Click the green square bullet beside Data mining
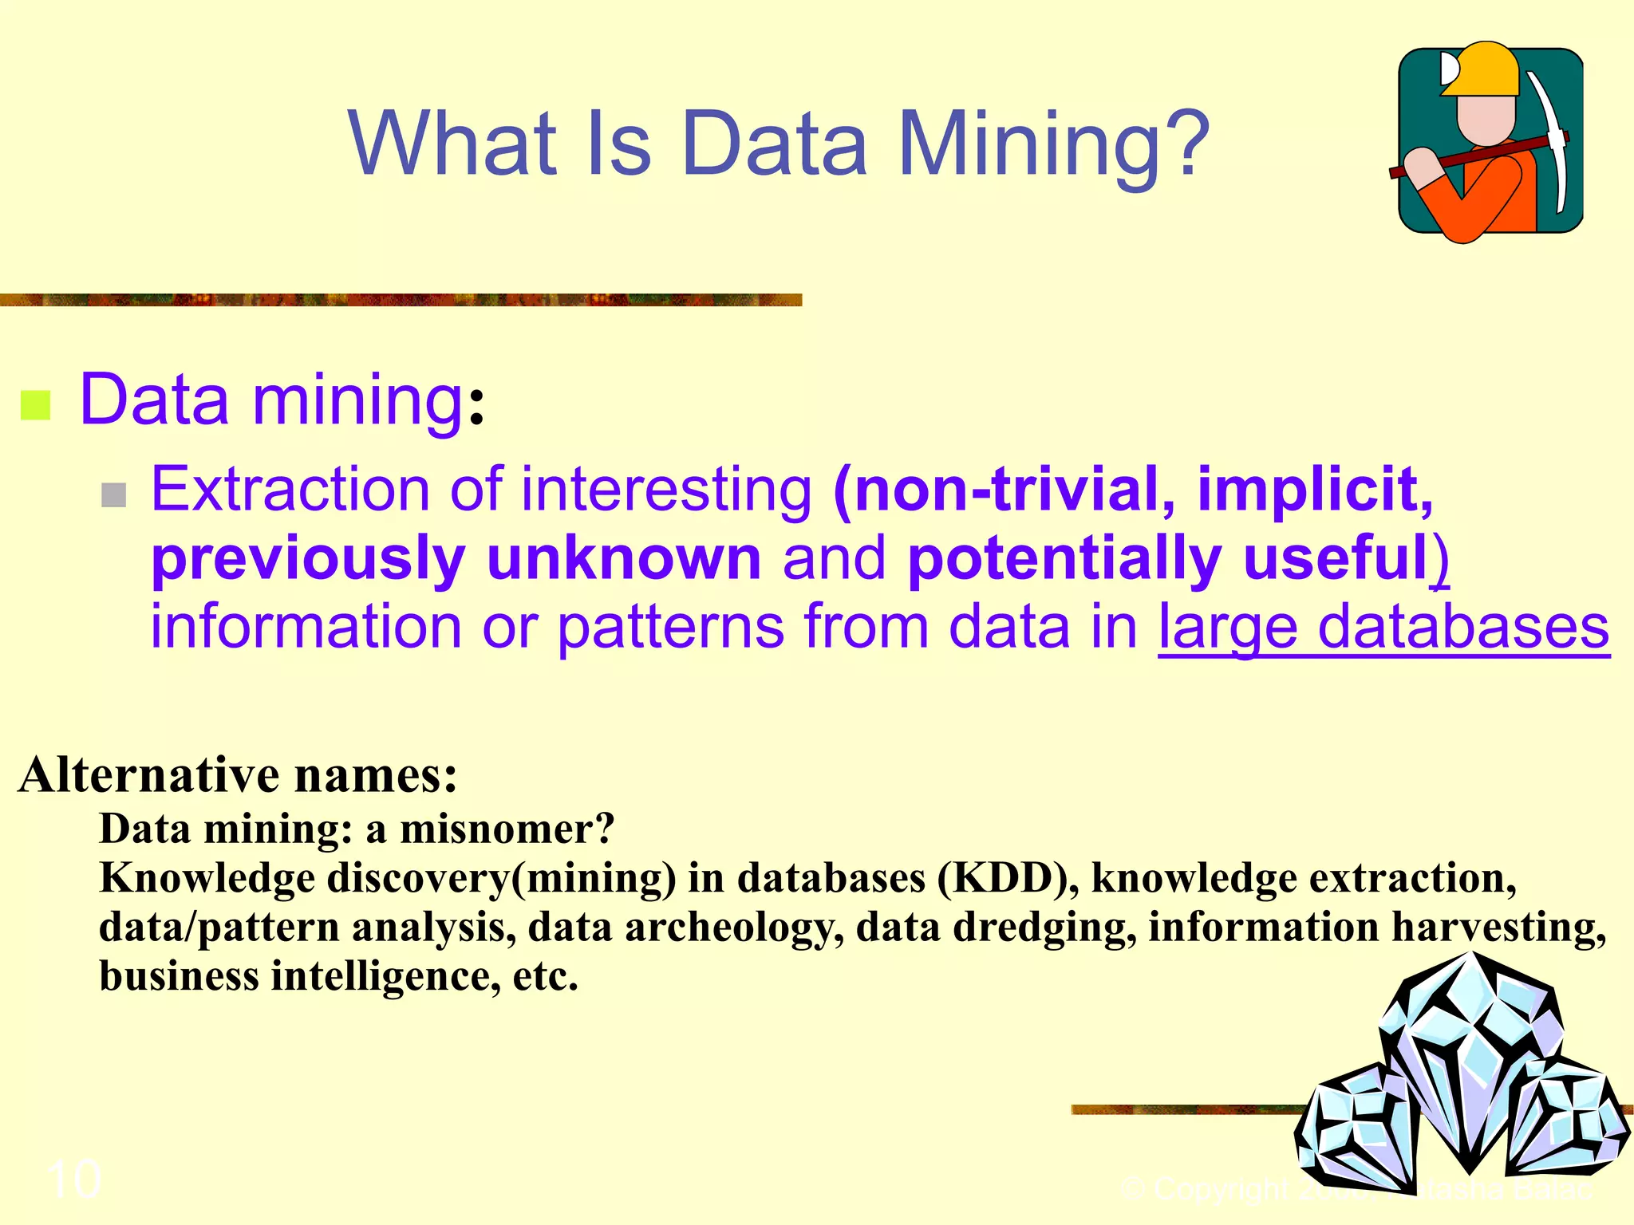35,405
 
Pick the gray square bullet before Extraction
114,495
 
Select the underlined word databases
1463,627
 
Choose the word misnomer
507,829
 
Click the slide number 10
73,1179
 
